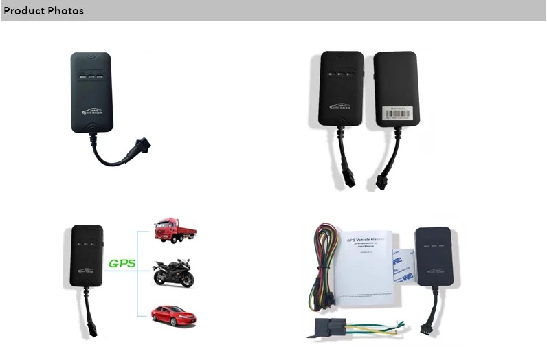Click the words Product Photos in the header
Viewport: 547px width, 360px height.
[x=43, y=11]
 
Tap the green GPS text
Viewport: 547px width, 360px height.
[x=123, y=264]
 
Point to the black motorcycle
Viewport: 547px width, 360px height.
[x=173, y=273]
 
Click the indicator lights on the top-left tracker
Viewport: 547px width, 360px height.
[x=91, y=77]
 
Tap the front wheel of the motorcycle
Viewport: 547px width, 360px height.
[x=188, y=280]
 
